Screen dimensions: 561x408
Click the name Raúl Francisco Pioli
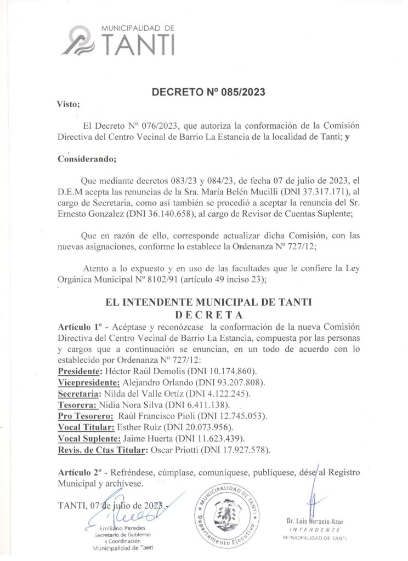tap(164, 416)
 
